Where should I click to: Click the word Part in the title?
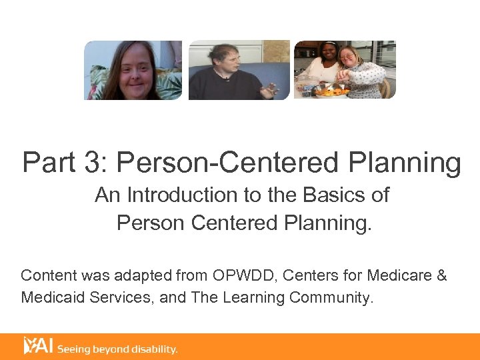[46, 163]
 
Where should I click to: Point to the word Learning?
[252, 298]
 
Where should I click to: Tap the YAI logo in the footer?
[38, 345]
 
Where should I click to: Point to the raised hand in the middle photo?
[271, 88]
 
